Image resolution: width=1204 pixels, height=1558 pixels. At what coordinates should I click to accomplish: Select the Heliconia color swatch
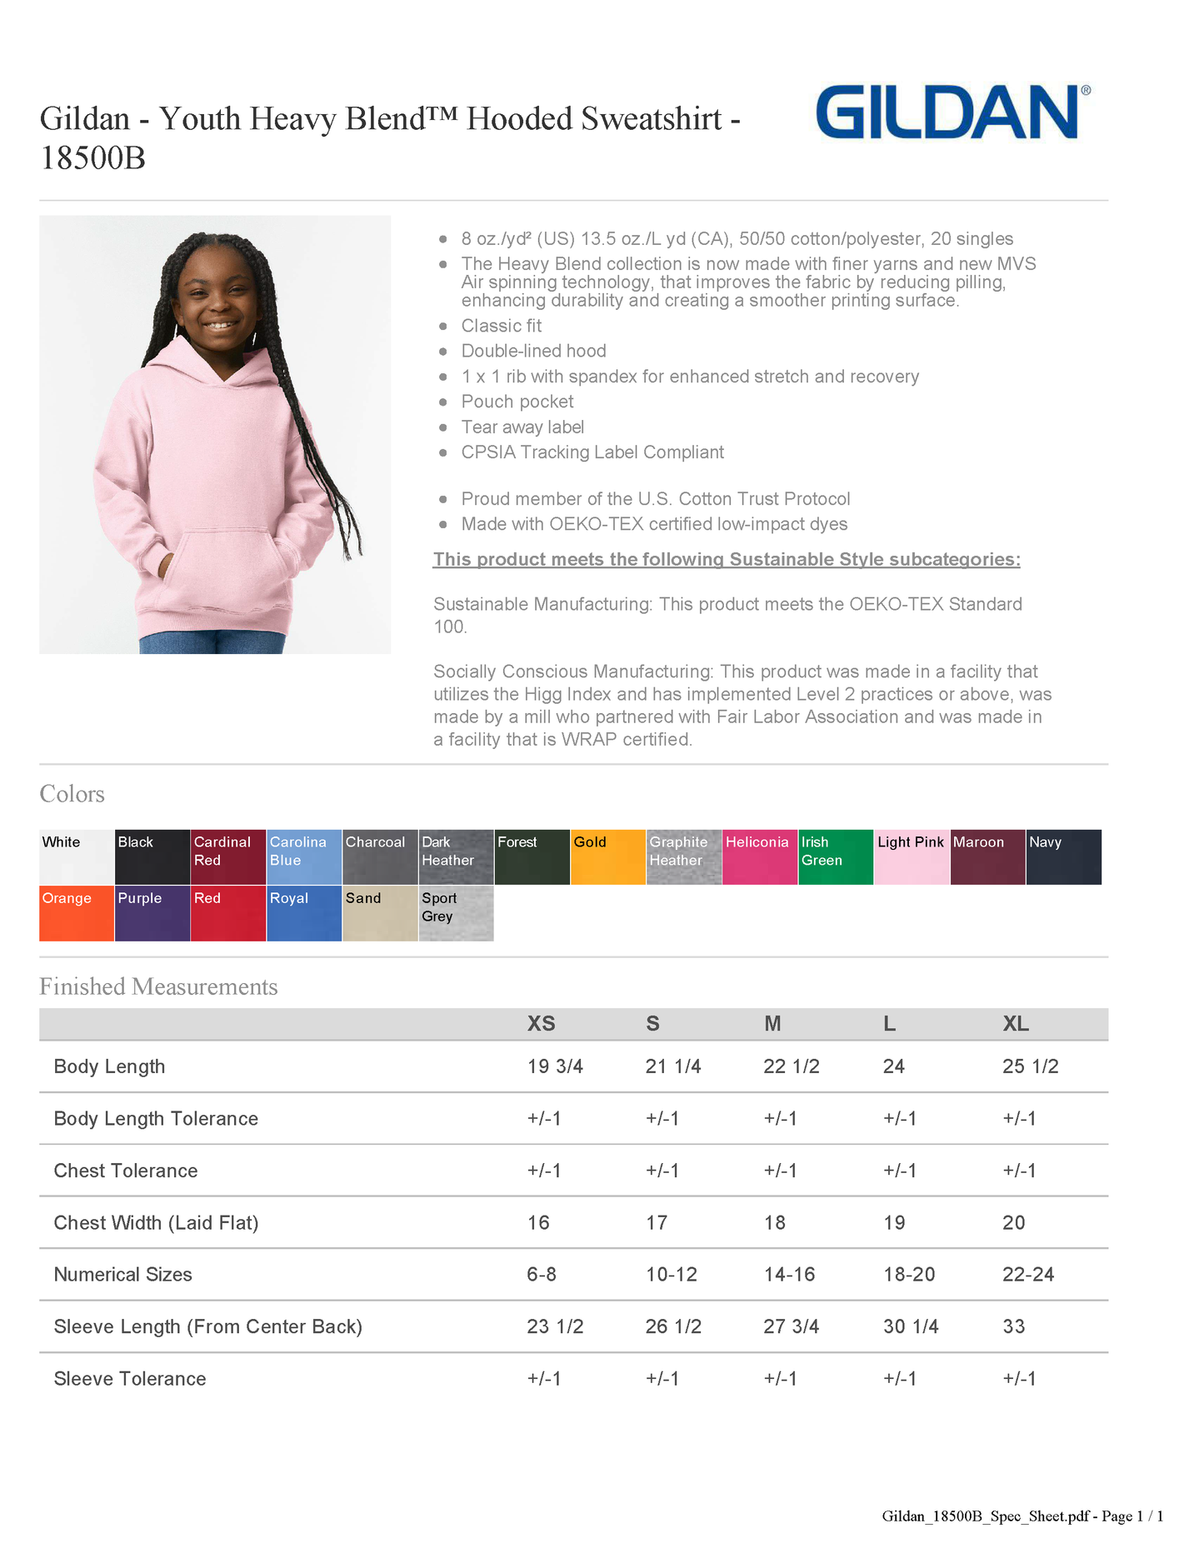pyautogui.click(x=759, y=856)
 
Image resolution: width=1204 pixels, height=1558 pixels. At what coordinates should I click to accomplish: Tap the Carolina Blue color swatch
pyautogui.click(x=304, y=856)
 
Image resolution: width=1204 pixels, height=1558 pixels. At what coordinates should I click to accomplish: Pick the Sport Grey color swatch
pyautogui.click(x=456, y=913)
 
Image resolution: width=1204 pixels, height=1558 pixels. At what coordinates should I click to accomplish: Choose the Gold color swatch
pyautogui.click(x=607, y=856)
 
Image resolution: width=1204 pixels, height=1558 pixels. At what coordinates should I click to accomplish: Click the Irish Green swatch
pyautogui.click(x=836, y=856)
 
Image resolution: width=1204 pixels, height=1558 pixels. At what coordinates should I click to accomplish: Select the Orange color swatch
pyautogui.click(x=77, y=913)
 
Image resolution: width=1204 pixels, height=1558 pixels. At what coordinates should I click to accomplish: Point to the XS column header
pyautogui.click(x=541, y=1024)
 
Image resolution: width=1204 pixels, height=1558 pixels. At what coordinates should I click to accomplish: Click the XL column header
pyautogui.click(x=1015, y=1024)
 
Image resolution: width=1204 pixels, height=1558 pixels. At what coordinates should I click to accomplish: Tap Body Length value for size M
pyautogui.click(x=791, y=1066)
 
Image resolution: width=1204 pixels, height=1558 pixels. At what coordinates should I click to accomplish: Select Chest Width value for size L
pyautogui.click(x=893, y=1223)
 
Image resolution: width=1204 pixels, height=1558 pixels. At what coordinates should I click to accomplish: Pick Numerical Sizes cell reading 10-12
pyautogui.click(x=672, y=1275)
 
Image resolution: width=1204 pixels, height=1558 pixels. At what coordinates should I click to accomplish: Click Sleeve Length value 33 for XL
pyautogui.click(x=1013, y=1326)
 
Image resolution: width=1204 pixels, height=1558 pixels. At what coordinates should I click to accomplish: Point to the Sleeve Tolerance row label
pyautogui.click(x=130, y=1379)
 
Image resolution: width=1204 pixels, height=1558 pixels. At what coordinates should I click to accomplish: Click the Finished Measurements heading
pyautogui.click(x=158, y=986)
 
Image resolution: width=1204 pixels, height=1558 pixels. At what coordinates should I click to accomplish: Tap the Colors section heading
pyautogui.click(x=72, y=794)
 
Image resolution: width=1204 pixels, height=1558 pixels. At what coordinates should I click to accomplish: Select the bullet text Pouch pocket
pyautogui.click(x=517, y=402)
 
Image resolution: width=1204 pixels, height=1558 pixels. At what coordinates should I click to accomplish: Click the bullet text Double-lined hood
pyautogui.click(x=533, y=351)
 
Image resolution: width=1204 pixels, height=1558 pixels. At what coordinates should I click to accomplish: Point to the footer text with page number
pyautogui.click(x=1022, y=1516)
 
